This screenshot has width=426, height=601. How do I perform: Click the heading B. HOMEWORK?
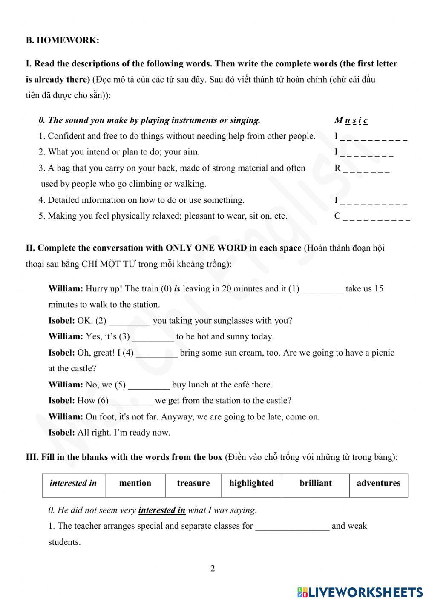pos(62,40)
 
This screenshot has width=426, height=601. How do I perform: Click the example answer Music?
pos(351,120)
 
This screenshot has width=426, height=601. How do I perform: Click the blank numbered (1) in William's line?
pos(322,289)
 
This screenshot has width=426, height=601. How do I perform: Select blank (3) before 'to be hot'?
pos(153,337)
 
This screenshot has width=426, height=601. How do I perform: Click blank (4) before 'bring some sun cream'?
pos(157,353)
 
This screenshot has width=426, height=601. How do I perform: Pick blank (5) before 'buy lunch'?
pos(149,385)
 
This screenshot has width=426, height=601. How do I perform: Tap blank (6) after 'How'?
pos(132,401)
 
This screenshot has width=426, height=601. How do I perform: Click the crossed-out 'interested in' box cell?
pos(73,484)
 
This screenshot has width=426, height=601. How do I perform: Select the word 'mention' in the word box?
pos(135,484)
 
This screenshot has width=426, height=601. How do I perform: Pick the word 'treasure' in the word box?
pos(193,484)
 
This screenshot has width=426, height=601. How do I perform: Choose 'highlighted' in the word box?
pos(251,484)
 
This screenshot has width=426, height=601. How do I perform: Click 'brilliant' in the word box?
pos(315,484)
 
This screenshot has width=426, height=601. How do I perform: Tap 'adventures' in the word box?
pos(378,484)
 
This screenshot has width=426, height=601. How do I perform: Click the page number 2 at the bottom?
pos(213,569)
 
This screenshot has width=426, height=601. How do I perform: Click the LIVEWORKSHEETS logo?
pos(360,592)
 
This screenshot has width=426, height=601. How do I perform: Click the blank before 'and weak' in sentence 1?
pos(292,527)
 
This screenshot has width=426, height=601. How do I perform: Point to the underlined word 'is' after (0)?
pos(177,289)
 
